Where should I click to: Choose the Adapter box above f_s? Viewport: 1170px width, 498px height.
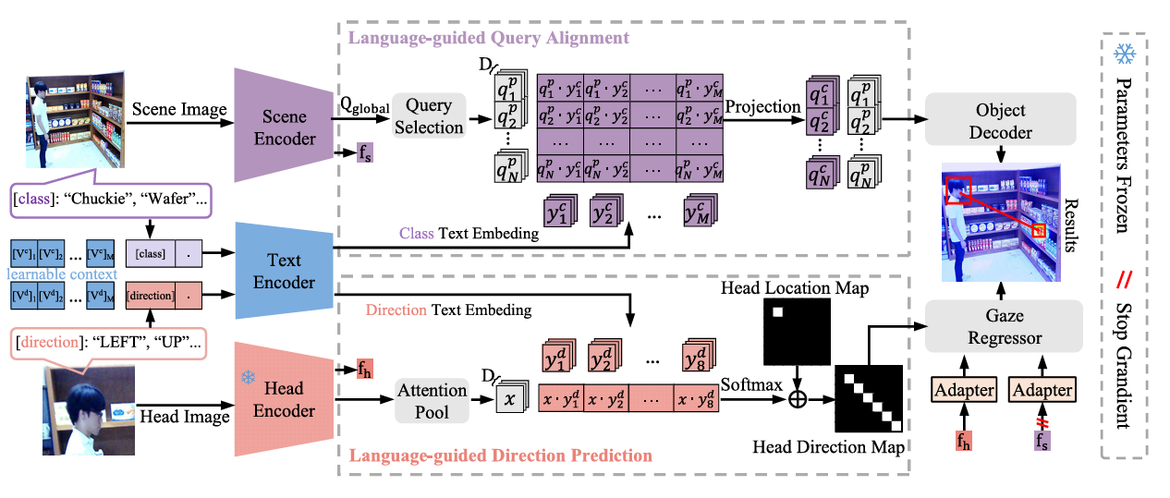coord(1042,390)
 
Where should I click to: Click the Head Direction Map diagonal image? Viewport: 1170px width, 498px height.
coord(869,398)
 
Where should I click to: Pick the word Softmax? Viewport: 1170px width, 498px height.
coord(750,383)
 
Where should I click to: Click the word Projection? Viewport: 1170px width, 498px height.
coord(762,106)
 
